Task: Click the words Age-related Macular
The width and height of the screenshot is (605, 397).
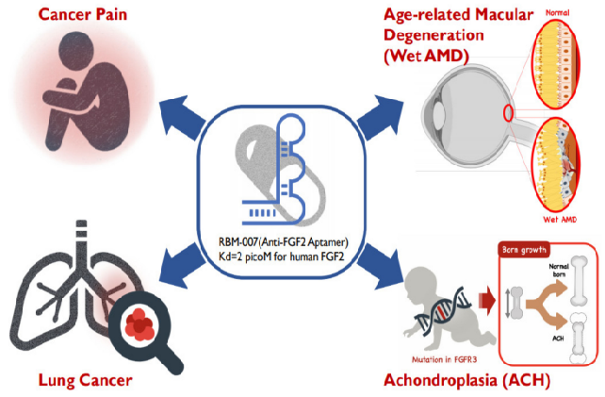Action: coord(459,15)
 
